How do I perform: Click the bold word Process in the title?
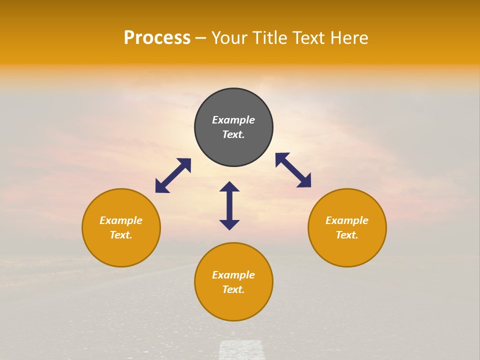(157, 38)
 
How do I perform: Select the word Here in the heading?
(348, 38)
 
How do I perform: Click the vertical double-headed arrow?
(229, 205)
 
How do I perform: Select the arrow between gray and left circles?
(173, 175)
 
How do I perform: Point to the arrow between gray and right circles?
(293, 170)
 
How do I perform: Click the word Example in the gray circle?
(233, 120)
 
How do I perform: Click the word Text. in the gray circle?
(233, 134)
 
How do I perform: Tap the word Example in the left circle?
(121, 220)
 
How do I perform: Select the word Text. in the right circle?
(347, 235)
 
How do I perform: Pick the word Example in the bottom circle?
(233, 275)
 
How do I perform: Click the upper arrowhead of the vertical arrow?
(229, 187)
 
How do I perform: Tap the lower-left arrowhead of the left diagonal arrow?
(161, 187)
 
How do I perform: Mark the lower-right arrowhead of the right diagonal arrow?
(304, 181)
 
